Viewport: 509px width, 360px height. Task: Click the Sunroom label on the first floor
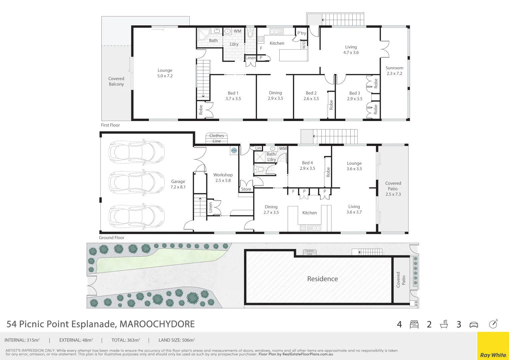(394, 71)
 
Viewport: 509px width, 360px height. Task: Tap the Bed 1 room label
(233, 96)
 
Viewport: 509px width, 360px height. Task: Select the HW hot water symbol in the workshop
(234, 151)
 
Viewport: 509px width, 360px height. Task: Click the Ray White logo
(493, 355)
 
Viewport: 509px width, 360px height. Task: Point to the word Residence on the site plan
(322, 279)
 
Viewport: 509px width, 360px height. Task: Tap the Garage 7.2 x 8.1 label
(178, 184)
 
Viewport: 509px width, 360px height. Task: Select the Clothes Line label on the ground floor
(217, 138)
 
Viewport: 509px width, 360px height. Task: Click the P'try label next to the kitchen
(302, 33)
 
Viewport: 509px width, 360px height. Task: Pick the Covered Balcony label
(116, 81)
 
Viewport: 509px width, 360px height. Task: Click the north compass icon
(493, 324)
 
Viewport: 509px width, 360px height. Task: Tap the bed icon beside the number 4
(414, 324)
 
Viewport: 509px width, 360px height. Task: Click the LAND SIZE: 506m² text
(177, 340)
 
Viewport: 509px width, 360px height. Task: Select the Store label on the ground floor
(246, 189)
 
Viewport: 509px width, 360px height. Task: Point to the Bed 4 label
(307, 166)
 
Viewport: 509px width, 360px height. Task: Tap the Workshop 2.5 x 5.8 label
(223, 178)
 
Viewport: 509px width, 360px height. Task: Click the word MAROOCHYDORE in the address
(157, 324)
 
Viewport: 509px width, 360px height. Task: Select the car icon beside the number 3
(474, 325)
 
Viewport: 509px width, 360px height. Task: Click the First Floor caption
(110, 125)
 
